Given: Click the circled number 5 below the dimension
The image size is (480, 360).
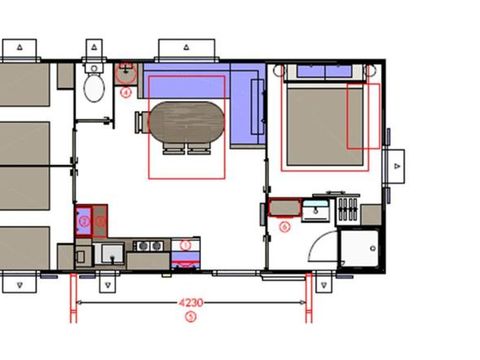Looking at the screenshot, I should (191, 317).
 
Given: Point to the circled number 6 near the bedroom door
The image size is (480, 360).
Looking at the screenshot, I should (285, 227).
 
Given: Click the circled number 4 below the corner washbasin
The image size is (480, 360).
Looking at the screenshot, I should (127, 91).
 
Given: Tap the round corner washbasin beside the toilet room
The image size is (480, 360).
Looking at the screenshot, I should (127, 72).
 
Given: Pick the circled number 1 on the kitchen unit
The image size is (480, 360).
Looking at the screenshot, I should (185, 245).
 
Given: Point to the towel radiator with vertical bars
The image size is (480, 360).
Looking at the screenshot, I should (348, 210).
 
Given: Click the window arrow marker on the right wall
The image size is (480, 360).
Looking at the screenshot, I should (398, 162).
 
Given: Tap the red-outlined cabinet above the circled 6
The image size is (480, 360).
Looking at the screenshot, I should (285, 209).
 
